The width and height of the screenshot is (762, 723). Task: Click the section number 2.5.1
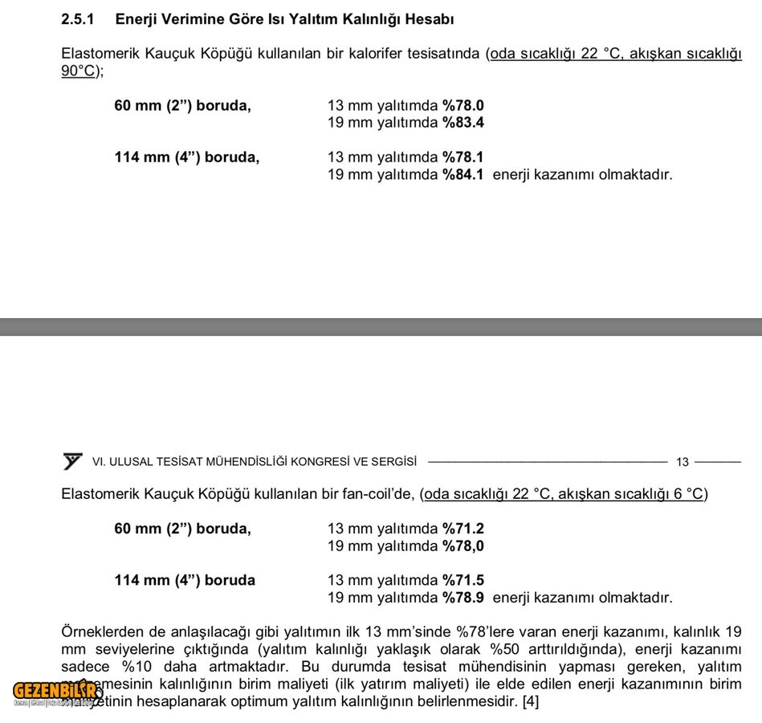click(77, 18)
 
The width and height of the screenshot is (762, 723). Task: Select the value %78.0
click(463, 105)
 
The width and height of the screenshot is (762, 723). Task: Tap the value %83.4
click(463, 123)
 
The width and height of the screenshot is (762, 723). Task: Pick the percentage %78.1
click(463, 157)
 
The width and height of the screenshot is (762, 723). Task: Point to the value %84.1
click(463, 174)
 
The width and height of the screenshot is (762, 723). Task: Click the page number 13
click(682, 462)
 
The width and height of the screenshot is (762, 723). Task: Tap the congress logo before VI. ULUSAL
click(72, 461)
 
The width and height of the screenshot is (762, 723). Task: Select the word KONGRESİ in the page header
click(321, 462)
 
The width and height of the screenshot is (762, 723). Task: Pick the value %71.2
click(463, 529)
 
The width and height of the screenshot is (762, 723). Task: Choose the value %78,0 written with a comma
click(463, 546)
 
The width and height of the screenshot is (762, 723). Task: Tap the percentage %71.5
click(463, 580)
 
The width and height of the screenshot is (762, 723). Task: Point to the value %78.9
click(463, 598)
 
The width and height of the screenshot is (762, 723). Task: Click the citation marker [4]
click(531, 701)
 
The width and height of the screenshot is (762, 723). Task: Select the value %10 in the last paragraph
click(138, 667)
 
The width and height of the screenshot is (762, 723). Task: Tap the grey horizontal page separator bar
click(381, 326)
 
